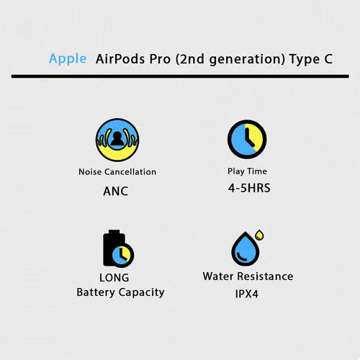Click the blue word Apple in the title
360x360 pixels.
click(68, 58)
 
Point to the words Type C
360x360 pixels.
click(311, 58)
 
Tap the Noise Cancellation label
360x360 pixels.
click(117, 172)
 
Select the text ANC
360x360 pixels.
click(117, 192)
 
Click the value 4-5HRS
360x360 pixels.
click(248, 188)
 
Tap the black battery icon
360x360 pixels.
click(113, 248)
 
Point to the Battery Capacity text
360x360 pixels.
click(120, 292)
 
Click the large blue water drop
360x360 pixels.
click(244, 250)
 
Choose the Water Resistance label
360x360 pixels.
click(248, 276)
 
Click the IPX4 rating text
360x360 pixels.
click(248, 294)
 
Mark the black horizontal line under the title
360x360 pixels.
click(180, 76)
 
